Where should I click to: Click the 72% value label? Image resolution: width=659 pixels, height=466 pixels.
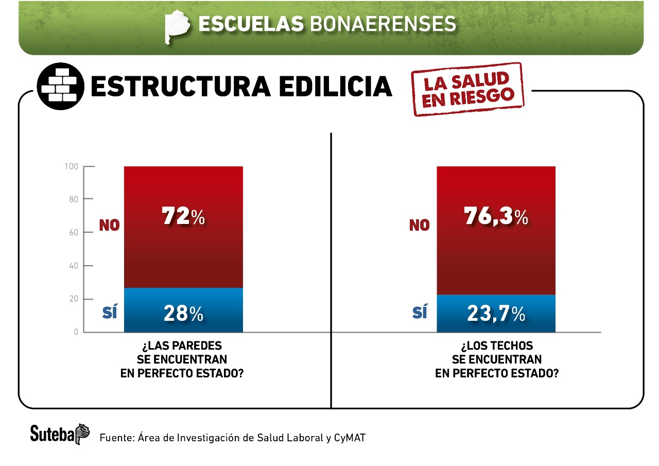coord(183,217)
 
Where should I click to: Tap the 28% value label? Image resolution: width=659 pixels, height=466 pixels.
coord(183,314)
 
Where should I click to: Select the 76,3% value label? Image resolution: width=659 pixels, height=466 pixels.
coord(496,217)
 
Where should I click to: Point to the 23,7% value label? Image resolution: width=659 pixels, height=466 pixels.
coord(496,314)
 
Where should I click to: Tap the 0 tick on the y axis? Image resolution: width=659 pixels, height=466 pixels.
coord(76,332)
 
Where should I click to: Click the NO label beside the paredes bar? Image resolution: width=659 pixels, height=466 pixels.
coord(109,225)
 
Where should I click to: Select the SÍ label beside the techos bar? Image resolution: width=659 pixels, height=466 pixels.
coord(420,312)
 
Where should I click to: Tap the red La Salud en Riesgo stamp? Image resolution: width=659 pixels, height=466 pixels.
coord(466,89)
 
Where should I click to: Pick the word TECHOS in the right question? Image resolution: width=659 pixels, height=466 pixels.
coord(511,345)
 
